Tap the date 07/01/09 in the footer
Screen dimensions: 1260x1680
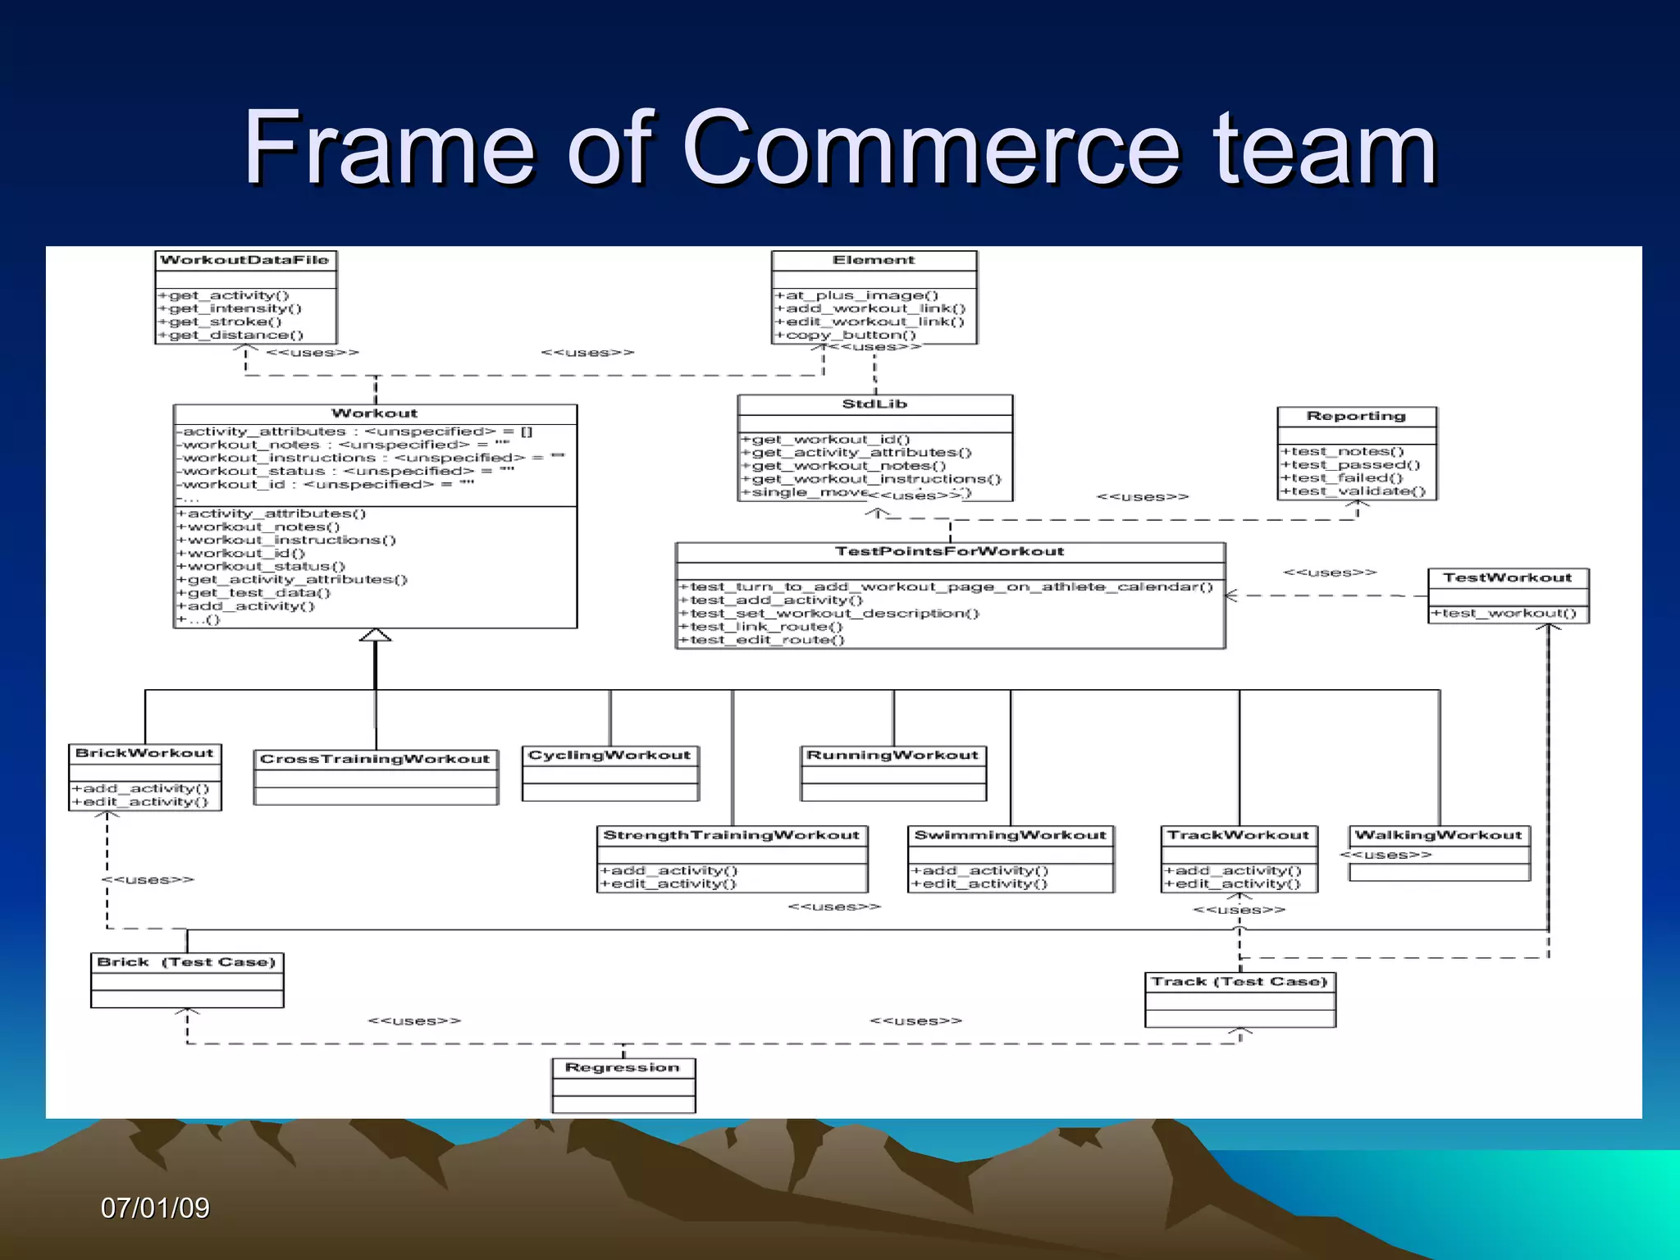tap(155, 1207)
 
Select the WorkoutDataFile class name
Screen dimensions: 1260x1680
tap(244, 260)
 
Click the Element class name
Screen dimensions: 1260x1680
tap(874, 260)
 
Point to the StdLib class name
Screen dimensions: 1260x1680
tap(874, 404)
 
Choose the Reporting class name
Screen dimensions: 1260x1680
tap(1356, 416)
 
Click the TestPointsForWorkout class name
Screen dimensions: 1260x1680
tap(949, 551)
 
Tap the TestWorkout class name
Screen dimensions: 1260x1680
tap(1507, 577)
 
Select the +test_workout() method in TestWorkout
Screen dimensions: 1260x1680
tap(1504, 613)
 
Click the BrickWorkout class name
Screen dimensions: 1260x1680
tap(144, 753)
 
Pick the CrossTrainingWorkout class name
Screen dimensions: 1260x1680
tap(375, 759)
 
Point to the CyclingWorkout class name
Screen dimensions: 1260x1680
tap(609, 755)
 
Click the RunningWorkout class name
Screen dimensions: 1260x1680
tap(892, 755)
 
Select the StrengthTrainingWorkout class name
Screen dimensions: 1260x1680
tap(731, 835)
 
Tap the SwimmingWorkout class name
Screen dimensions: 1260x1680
tap(1010, 835)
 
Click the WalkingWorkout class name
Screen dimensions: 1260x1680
tap(1438, 835)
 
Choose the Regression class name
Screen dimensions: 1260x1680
tap(623, 1067)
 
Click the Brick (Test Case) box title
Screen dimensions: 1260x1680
tap(186, 961)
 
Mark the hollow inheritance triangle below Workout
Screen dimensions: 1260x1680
tap(375, 635)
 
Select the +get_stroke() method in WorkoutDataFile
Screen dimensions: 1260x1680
tap(220, 322)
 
